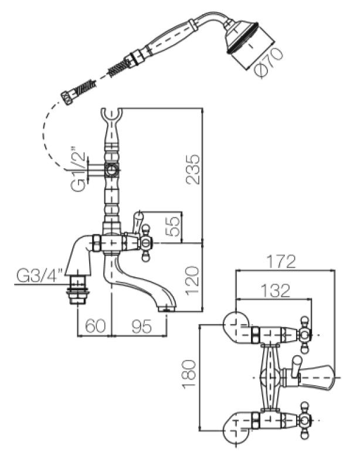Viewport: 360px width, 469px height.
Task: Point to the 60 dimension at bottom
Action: pyautogui.click(x=94, y=325)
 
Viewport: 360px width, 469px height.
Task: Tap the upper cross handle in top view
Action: pyautogui.click(x=304, y=335)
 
